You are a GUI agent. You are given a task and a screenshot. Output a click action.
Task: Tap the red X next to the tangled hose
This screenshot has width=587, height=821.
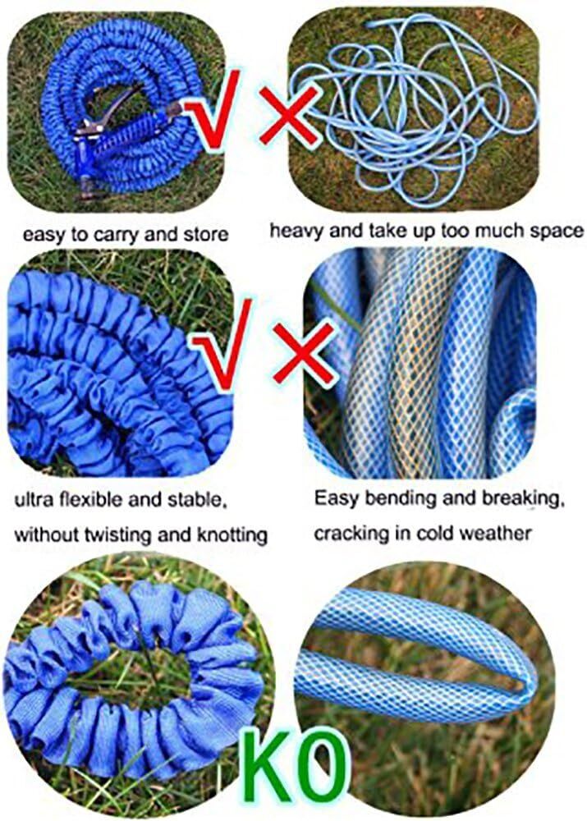pos(290,116)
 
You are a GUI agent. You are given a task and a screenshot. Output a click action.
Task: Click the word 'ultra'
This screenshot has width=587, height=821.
pos(34,499)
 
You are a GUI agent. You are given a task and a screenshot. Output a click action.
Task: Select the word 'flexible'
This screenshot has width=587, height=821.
pos(91,499)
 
